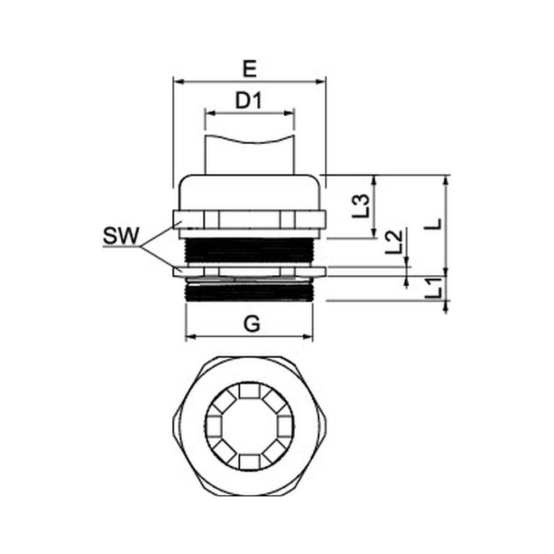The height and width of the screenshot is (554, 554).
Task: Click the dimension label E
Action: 250,69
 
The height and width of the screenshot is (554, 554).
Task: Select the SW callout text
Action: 121,236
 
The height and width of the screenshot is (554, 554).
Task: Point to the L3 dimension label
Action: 361,206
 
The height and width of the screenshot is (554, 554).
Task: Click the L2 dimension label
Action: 393,242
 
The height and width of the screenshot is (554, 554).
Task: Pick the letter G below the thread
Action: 252,324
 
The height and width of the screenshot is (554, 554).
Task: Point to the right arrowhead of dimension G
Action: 308,336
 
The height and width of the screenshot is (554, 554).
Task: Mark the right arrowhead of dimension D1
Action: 289,113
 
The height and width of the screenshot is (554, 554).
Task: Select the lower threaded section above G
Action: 249,292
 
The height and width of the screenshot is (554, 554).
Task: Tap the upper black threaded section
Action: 249,250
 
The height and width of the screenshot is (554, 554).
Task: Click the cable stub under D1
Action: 250,155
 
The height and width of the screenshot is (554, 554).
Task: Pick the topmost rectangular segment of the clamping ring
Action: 250,391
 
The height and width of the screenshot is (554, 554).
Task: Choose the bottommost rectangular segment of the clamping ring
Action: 250,461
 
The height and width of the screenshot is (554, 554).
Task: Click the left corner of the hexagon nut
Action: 174,426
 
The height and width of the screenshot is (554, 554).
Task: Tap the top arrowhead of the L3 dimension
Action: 374,180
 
